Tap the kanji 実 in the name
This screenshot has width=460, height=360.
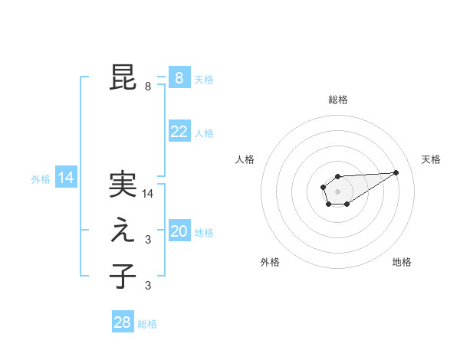(123, 185)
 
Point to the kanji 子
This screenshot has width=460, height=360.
(123, 276)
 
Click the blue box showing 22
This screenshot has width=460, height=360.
(179, 132)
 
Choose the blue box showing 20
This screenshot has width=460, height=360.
(179, 231)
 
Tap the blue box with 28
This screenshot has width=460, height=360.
(123, 322)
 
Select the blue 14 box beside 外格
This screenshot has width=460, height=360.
(65, 178)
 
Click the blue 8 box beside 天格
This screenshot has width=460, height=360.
(179, 77)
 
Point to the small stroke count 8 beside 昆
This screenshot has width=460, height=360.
(148, 87)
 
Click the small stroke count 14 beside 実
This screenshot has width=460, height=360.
(149, 195)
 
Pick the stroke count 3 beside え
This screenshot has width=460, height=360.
(148, 240)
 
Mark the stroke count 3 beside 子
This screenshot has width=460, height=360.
(148, 286)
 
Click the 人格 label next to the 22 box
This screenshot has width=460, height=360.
(204, 133)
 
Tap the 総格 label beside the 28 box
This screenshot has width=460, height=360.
(147, 324)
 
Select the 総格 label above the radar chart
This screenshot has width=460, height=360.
(337, 100)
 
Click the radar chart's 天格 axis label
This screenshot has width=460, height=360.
(431, 159)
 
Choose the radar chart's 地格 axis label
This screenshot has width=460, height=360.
(402, 263)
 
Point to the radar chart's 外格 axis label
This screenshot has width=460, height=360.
(270, 263)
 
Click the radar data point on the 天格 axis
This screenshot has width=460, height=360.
(396, 172)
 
